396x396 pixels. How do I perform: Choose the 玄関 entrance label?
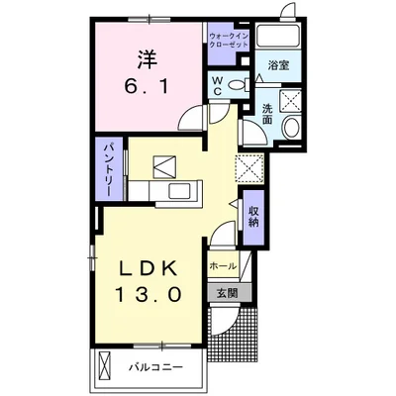click(x=226, y=292)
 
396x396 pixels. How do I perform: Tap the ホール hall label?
click(x=223, y=267)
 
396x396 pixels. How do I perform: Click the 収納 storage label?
click(x=253, y=217)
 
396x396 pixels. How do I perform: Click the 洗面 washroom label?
click(x=268, y=113)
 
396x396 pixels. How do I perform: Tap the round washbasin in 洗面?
click(x=289, y=129)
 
